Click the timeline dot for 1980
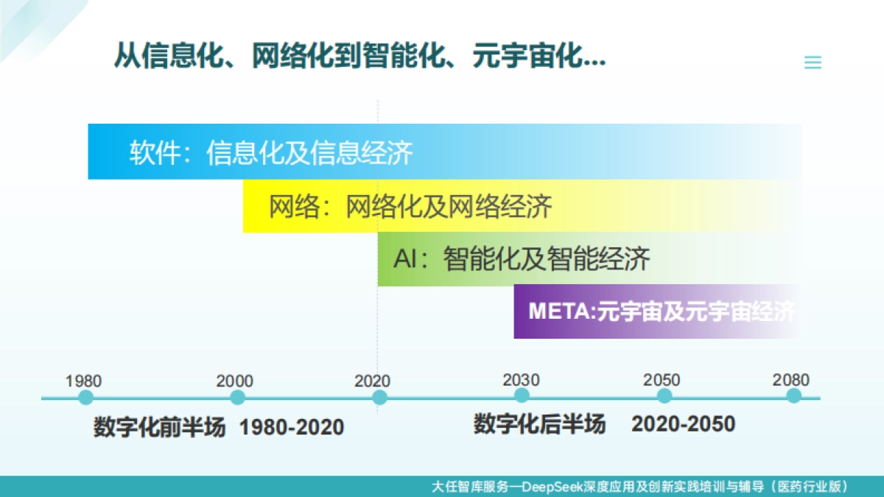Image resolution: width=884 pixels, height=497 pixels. pyautogui.click(x=86, y=398)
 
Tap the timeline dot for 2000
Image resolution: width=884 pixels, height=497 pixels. pyautogui.click(x=237, y=398)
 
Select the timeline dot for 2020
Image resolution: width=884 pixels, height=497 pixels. pyautogui.click(x=379, y=398)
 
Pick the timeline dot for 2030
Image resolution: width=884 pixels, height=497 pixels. pyautogui.click(x=522, y=396)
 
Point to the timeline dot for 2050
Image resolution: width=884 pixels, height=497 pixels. pyautogui.click(x=664, y=396)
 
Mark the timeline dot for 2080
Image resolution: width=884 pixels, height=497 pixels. pyautogui.click(x=793, y=396)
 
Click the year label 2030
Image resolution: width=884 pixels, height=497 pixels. pyautogui.click(x=521, y=380)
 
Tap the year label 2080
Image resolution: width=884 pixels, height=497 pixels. pyautogui.click(x=791, y=380)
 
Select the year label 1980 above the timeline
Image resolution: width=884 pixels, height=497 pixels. pyautogui.click(x=83, y=381)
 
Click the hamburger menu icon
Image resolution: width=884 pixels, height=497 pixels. pyautogui.click(x=813, y=63)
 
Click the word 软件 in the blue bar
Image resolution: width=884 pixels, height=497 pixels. pyautogui.click(x=155, y=152)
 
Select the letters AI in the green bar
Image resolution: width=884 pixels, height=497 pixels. pyautogui.click(x=406, y=260)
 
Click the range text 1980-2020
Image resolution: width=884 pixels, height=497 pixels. pyautogui.click(x=291, y=427)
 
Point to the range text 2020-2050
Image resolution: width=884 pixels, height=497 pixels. pyautogui.click(x=683, y=424)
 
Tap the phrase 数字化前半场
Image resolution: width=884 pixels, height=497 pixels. pyautogui.click(x=159, y=427)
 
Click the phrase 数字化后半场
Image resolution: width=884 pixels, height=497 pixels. pyautogui.click(x=539, y=424)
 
